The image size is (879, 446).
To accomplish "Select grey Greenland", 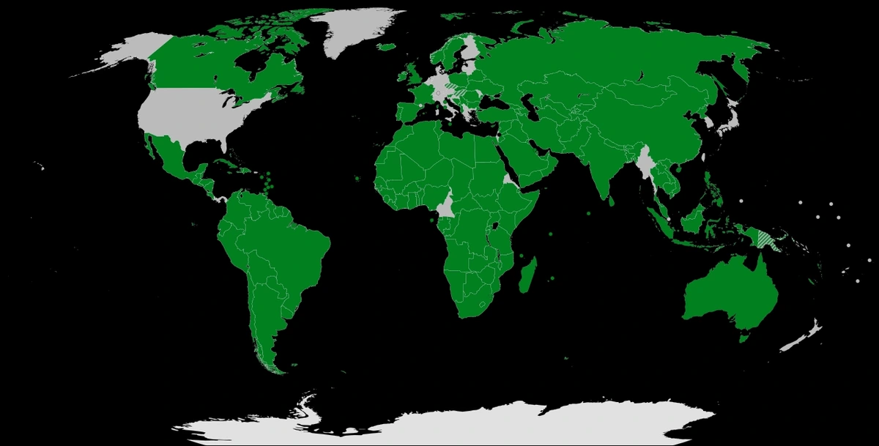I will click(x=352, y=29).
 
